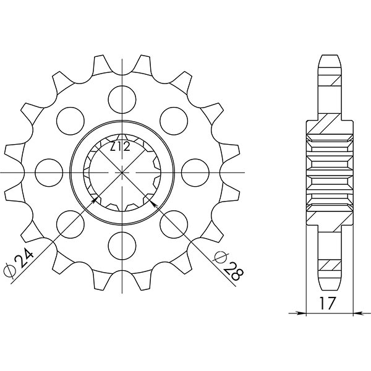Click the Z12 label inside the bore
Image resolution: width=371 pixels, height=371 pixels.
pos(120,147)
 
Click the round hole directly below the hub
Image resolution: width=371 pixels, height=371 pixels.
pos(122,245)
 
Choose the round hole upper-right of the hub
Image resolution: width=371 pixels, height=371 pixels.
pos(174,119)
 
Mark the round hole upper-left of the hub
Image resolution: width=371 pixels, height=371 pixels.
pos(70,119)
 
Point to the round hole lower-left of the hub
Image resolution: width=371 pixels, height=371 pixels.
pos(70,223)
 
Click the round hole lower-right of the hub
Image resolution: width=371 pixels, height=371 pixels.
pos(174,223)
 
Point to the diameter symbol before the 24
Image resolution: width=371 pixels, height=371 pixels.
pos(10,271)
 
